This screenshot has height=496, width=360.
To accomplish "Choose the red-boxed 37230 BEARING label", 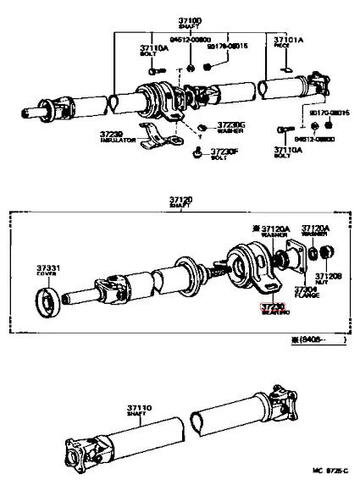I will point(274,309).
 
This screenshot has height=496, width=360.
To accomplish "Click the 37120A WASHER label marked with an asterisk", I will point(274,231).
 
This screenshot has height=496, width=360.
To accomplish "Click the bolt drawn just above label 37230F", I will point(197,148).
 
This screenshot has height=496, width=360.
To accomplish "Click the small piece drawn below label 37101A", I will point(286,69).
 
